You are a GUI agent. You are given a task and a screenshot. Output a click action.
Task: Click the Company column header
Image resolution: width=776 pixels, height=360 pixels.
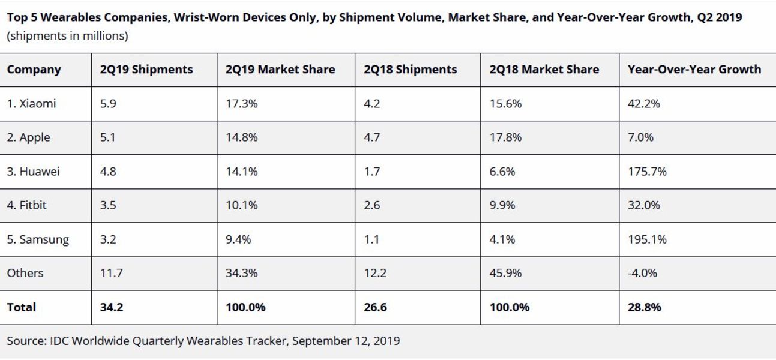click(34, 70)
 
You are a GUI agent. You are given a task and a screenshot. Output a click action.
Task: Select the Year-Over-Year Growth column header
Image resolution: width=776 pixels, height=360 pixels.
click(694, 70)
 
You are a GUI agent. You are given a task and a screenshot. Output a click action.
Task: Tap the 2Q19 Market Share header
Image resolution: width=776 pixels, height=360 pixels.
click(280, 70)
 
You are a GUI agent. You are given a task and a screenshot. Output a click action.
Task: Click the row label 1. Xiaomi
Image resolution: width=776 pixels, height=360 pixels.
click(31, 104)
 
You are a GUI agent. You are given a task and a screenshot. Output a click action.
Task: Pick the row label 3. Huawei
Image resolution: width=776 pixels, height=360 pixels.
click(34, 172)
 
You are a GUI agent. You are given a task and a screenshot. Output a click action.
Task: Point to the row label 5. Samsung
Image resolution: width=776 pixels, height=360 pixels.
click(38, 239)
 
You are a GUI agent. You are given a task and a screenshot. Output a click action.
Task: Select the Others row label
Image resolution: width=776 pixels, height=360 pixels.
click(25, 273)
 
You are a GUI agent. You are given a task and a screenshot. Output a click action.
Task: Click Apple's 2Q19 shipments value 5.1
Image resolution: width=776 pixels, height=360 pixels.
click(108, 137)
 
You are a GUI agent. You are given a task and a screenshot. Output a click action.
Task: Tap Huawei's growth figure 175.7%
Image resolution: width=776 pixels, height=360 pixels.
click(647, 172)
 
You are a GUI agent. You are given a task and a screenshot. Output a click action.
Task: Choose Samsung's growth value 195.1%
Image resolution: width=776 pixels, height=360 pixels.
click(647, 239)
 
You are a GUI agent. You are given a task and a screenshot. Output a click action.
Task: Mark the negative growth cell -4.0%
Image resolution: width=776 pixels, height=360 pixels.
click(642, 273)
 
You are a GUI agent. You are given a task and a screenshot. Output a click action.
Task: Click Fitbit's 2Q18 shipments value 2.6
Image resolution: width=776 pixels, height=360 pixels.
click(371, 205)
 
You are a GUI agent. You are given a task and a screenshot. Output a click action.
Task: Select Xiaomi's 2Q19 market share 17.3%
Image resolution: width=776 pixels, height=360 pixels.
click(241, 104)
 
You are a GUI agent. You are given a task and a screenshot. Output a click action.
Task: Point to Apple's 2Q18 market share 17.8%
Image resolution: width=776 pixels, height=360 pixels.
click(505, 137)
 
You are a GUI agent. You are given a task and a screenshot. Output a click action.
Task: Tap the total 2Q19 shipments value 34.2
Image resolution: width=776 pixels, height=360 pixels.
click(112, 307)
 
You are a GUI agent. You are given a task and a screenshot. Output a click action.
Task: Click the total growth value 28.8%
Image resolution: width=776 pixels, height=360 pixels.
click(645, 307)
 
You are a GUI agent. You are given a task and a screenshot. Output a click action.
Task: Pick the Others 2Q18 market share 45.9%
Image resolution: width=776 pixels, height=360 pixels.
click(505, 273)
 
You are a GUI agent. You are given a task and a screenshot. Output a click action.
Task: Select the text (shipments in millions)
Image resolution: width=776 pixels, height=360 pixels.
click(67, 36)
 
